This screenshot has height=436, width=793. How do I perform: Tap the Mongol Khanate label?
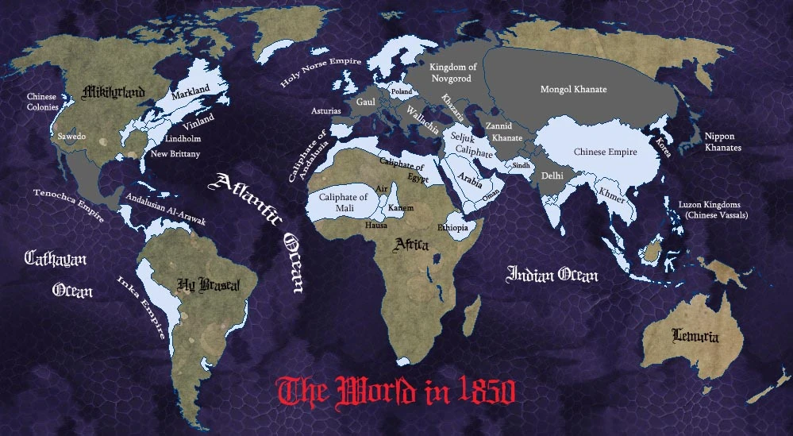click(x=573, y=90)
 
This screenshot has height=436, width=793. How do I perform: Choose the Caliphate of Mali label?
click(x=343, y=203)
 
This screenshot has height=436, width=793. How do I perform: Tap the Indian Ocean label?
click(x=552, y=276)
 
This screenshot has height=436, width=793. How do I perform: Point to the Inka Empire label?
click(x=144, y=307)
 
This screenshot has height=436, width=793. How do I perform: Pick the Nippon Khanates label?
click(x=723, y=142)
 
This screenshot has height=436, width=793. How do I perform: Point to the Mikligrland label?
click(x=114, y=93)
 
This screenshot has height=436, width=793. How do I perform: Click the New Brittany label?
click(x=175, y=153)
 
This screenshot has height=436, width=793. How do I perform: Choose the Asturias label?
click(x=325, y=111)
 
